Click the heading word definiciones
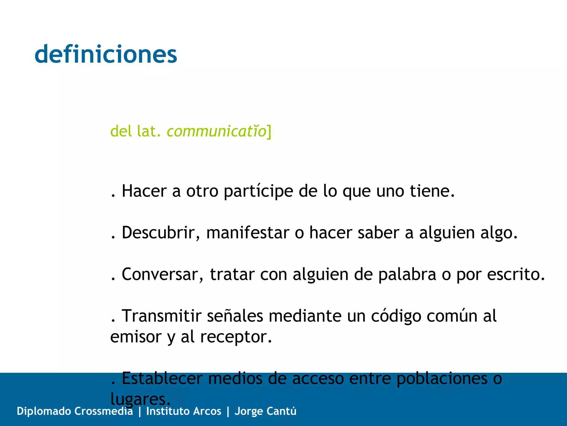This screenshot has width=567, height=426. pyautogui.click(x=106, y=54)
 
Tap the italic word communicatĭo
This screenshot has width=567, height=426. pyautogui.click(x=217, y=131)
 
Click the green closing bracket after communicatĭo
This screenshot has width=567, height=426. pyautogui.click(x=269, y=132)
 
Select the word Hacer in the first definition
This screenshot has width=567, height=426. pyautogui.click(x=144, y=191)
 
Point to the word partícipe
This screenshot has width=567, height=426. pyautogui.click(x=258, y=192)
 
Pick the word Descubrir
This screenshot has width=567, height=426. pyautogui.click(x=161, y=233)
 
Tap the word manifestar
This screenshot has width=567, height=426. pyautogui.click(x=248, y=233)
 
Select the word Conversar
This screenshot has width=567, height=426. pyautogui.click(x=162, y=275)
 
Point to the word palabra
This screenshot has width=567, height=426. pyautogui.click(x=407, y=275)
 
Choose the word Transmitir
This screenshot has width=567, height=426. pyautogui.click(x=162, y=316)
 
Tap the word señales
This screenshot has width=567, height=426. pyautogui.click(x=235, y=316)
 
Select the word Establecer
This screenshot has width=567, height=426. pyautogui.click(x=162, y=378)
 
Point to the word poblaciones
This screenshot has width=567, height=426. pyautogui.click(x=442, y=379)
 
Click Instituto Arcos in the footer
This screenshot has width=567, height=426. pyautogui.click(x=184, y=411)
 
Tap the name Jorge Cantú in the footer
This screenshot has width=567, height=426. pyautogui.click(x=266, y=411)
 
